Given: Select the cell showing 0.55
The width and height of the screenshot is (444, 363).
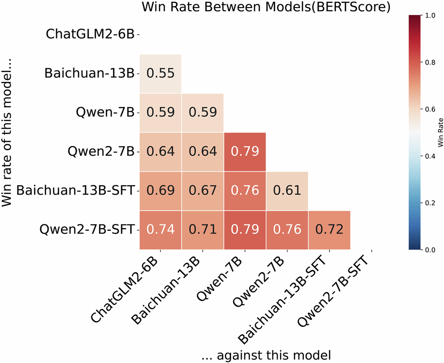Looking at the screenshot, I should [x=160, y=73].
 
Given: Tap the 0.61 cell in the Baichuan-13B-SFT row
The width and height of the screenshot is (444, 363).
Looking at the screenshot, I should [x=287, y=191].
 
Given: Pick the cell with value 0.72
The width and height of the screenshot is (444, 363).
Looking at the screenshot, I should [x=329, y=230].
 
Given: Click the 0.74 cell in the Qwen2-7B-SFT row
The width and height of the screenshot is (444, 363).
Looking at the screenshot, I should [x=160, y=230].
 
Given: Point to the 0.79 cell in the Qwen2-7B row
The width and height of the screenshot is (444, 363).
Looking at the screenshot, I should [x=245, y=152].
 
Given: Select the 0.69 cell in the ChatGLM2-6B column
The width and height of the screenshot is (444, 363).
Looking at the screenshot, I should [x=160, y=191].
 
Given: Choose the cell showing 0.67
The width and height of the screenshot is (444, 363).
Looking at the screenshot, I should [x=202, y=191].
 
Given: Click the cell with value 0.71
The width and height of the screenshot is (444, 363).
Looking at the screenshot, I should [x=202, y=230].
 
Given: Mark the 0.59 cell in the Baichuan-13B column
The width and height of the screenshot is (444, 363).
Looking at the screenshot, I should [x=202, y=113].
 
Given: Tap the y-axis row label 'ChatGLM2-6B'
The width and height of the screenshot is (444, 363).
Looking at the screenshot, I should [x=90, y=34].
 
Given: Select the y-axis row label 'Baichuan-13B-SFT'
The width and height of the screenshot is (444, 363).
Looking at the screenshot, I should [x=75, y=191].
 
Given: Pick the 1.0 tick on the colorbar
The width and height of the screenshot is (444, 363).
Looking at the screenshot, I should [x=428, y=16].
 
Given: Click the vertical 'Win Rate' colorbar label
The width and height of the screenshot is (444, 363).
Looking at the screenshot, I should [x=440, y=133].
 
